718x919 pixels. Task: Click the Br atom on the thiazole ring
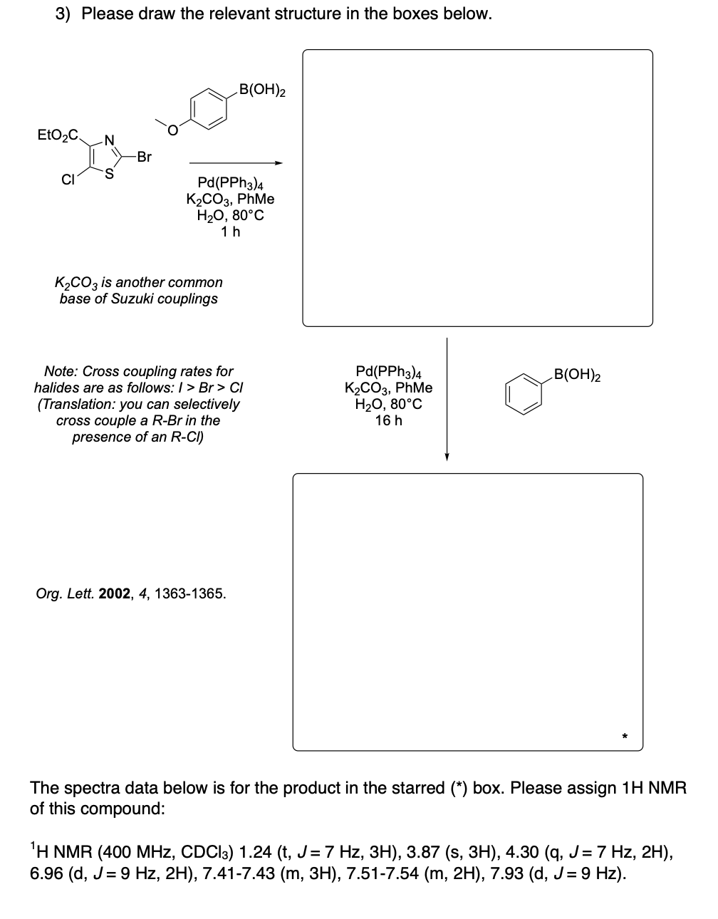coord(144,157)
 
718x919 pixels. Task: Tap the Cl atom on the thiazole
coord(68,179)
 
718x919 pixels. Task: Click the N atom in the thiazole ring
coord(109,140)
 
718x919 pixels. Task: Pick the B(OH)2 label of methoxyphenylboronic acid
coord(262,90)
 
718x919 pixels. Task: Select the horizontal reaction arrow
coord(235,163)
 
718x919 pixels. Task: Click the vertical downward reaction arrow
coord(447,399)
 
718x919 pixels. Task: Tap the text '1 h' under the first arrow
coord(230,232)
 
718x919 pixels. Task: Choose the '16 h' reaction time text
coord(388,420)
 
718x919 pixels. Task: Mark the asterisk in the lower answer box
coord(623,734)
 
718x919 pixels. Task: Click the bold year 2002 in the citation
coord(114,593)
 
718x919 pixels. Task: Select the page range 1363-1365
coord(189,593)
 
